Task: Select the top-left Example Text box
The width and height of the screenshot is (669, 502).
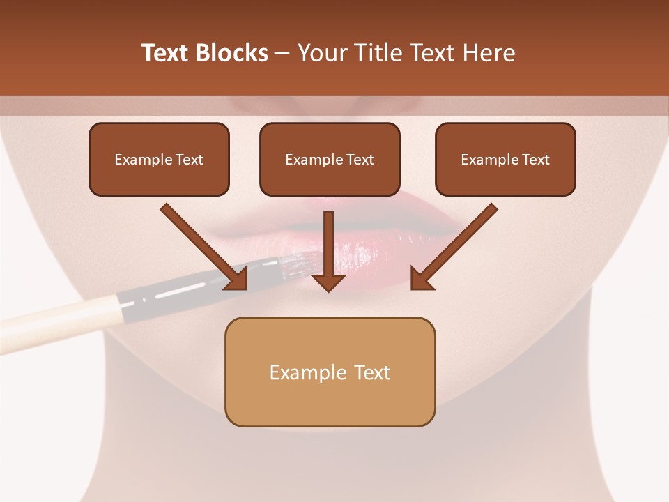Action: point(159,159)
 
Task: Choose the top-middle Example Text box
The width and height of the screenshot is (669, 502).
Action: point(330,159)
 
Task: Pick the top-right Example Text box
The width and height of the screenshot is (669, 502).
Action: point(505,159)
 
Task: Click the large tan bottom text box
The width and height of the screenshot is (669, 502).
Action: point(330,372)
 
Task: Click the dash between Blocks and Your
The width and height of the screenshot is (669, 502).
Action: point(282,54)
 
